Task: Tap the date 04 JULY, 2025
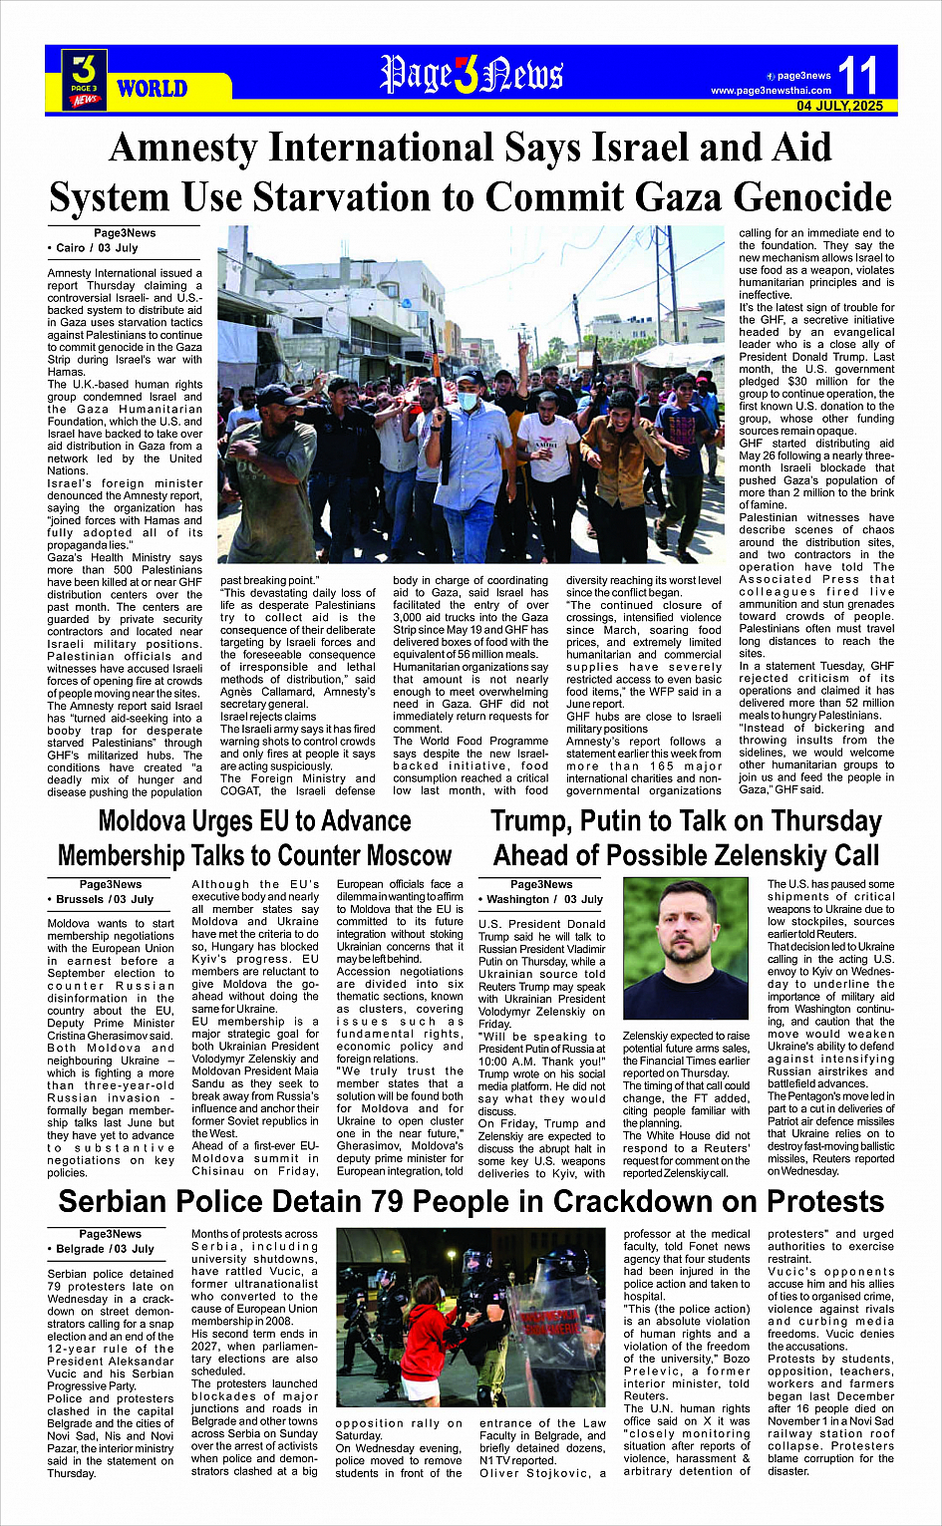point(839,106)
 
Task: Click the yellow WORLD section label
point(152,89)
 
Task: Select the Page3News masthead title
point(471,75)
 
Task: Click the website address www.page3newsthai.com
point(771,91)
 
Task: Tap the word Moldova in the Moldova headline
point(155,821)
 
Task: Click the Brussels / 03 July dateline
point(104,899)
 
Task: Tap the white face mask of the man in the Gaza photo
point(469,400)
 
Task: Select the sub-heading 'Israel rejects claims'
point(268,717)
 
